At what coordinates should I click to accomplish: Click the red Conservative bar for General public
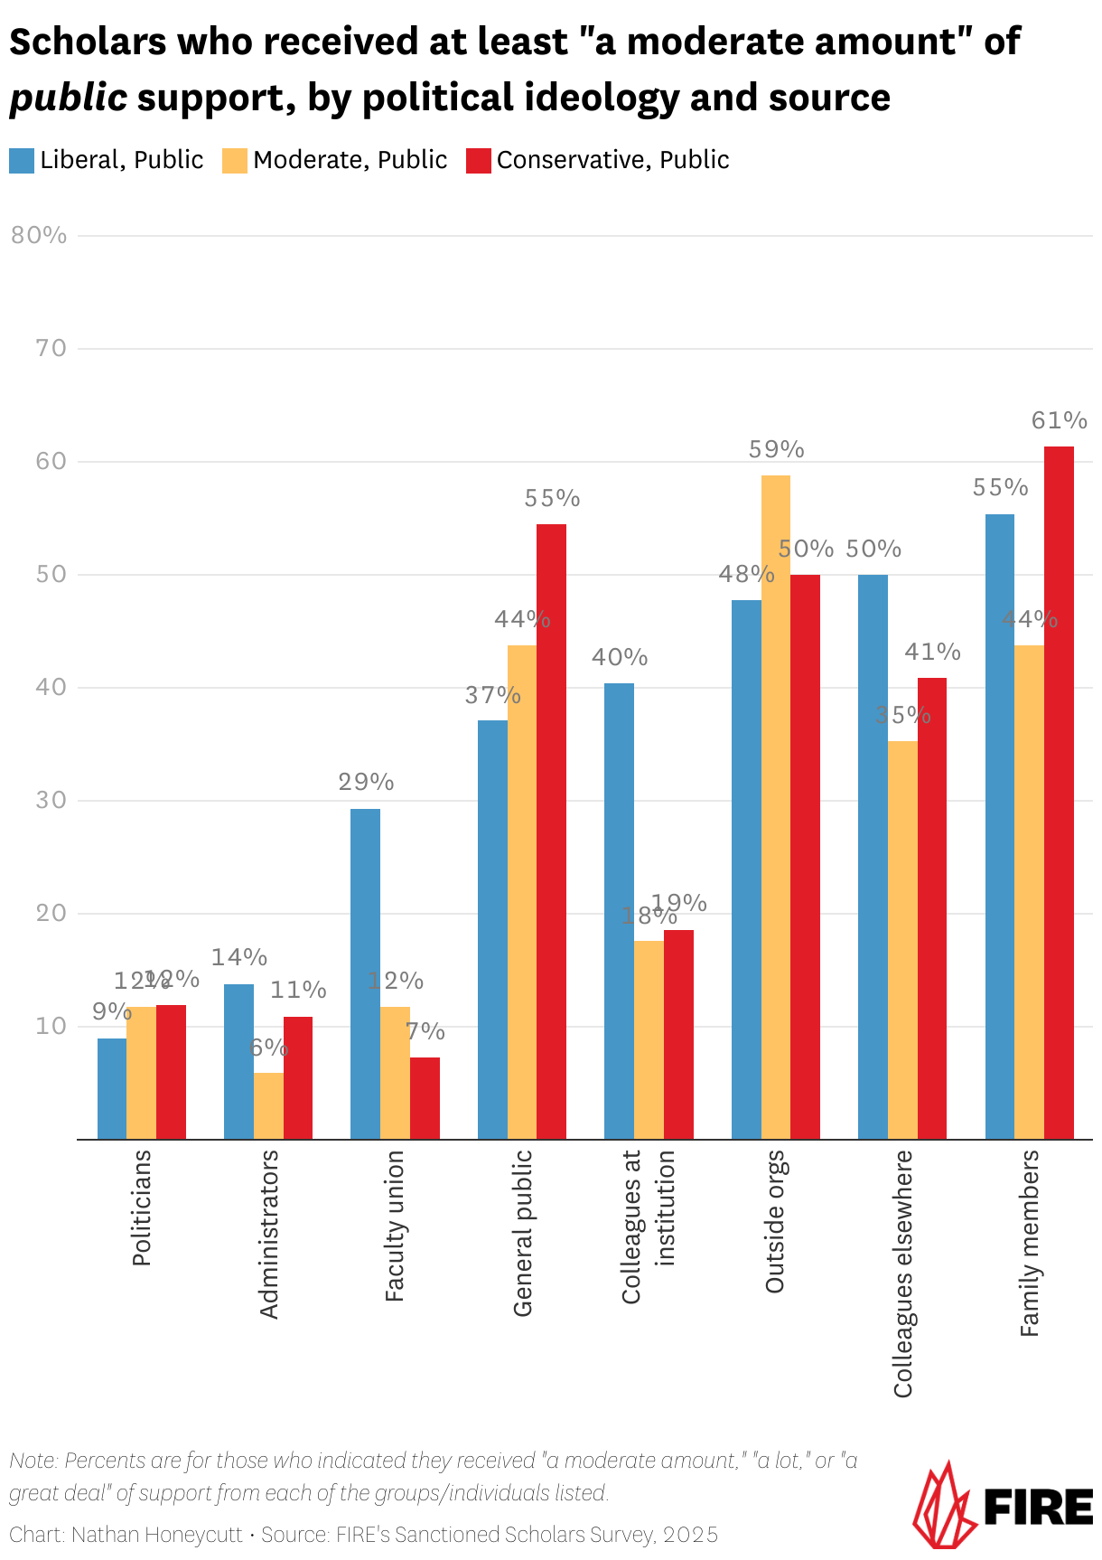(x=551, y=832)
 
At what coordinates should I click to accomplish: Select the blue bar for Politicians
(x=112, y=1088)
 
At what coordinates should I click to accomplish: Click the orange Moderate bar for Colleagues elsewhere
(x=902, y=940)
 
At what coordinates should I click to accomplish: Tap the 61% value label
(x=1059, y=420)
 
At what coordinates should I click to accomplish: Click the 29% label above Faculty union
(x=366, y=782)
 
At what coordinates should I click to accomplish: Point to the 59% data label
(x=776, y=449)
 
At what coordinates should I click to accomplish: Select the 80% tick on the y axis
(x=39, y=235)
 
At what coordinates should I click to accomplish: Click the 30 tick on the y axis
(x=51, y=800)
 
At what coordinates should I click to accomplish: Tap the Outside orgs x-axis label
(x=775, y=1222)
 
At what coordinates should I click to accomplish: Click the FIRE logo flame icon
(x=943, y=1506)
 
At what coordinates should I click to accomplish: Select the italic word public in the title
(x=69, y=98)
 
